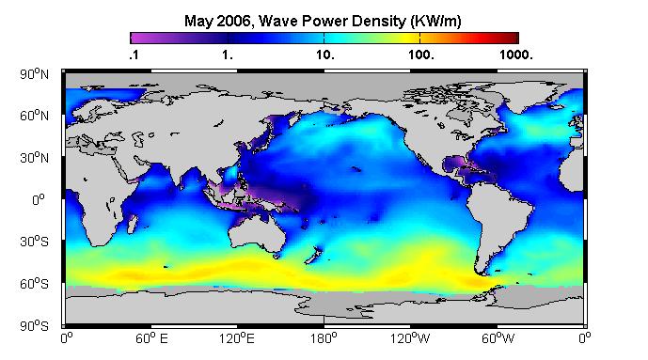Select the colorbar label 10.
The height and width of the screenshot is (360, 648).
(x=324, y=55)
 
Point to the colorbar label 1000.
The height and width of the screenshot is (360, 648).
(x=515, y=55)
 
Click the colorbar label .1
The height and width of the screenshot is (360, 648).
(x=134, y=55)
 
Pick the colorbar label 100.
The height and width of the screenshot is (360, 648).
(x=421, y=55)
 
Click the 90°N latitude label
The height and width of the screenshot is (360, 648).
(x=34, y=74)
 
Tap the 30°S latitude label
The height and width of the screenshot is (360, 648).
(x=34, y=242)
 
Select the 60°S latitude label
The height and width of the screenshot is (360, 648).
(x=34, y=284)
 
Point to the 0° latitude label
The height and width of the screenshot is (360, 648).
(x=39, y=200)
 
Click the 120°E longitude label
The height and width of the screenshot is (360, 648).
(x=237, y=338)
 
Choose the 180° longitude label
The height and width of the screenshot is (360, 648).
(x=324, y=338)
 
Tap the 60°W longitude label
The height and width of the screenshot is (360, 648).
(x=498, y=338)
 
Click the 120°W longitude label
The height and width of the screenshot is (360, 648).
(x=410, y=338)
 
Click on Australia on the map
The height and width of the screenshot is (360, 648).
(x=256, y=233)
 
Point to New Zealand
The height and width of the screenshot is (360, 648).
(x=314, y=255)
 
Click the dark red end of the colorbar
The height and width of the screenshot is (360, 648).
(x=514, y=38)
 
